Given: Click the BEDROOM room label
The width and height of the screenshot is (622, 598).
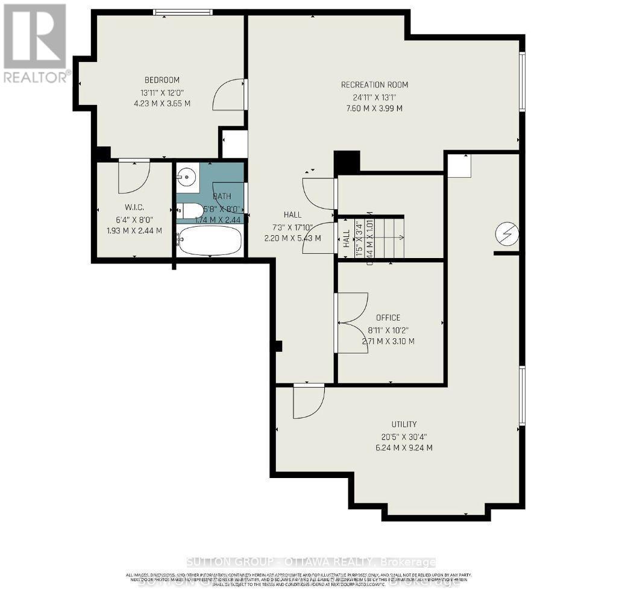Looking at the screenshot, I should click(x=162, y=80).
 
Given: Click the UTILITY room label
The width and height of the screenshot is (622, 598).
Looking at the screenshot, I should click(x=403, y=424).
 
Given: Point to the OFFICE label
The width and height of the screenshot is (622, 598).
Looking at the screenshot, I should click(x=388, y=318).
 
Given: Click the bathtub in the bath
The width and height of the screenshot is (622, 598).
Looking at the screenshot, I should click(x=210, y=240).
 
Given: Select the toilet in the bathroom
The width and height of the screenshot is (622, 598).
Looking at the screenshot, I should click(x=192, y=210).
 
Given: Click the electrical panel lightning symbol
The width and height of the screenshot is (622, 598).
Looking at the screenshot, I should click(x=506, y=234).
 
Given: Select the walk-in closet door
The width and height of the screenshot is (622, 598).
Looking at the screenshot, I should click(x=133, y=174).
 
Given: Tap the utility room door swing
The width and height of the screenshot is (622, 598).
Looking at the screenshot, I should click(x=308, y=401).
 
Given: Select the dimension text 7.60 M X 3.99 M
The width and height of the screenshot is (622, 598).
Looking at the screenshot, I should click(x=374, y=109).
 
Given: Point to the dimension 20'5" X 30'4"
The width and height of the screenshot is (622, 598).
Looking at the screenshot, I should click(x=403, y=436).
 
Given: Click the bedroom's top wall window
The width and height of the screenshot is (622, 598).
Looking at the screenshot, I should click(x=183, y=12).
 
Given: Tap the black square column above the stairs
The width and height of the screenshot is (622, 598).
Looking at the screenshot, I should click(x=347, y=162).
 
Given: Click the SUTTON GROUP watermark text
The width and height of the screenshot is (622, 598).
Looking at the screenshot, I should click(x=310, y=562).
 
